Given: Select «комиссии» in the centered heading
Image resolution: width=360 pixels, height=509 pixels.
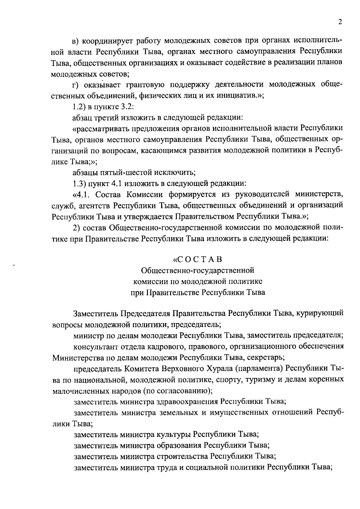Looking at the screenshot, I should tap(148, 281).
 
